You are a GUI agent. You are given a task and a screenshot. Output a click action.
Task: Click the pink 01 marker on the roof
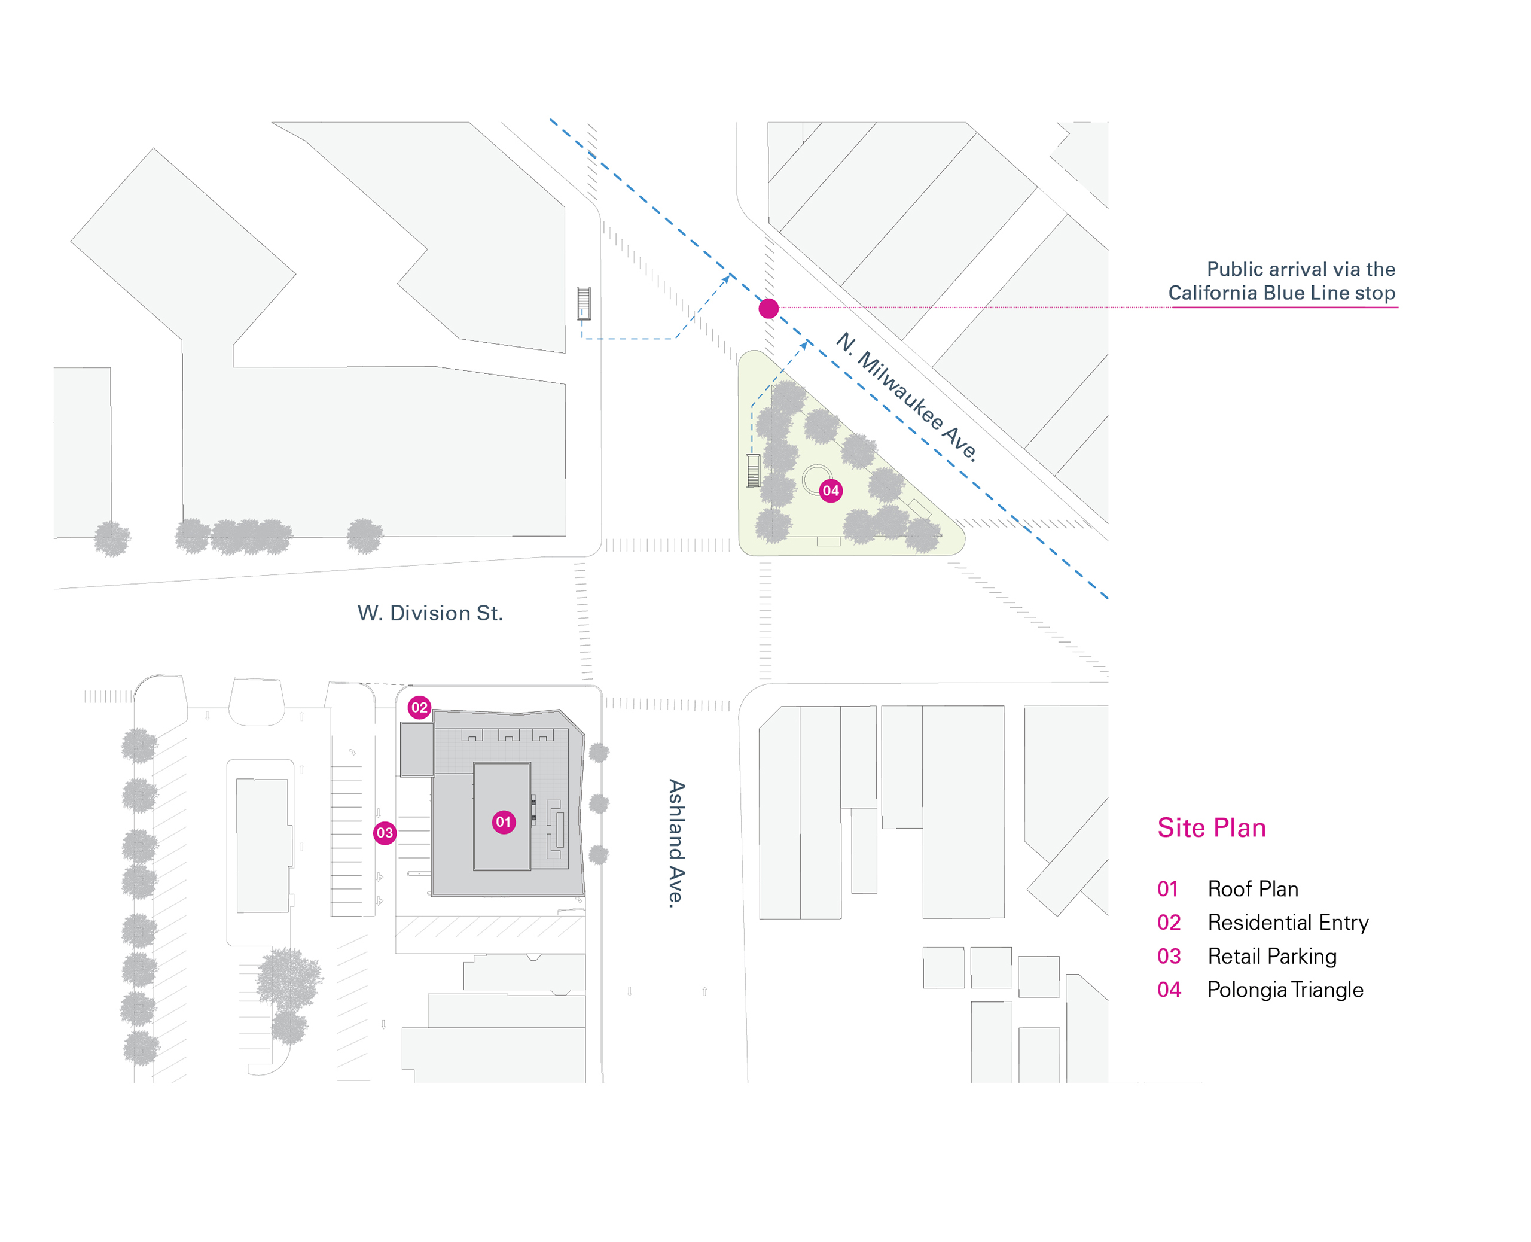[x=504, y=821]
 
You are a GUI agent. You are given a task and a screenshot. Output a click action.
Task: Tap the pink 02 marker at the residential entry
[x=419, y=707]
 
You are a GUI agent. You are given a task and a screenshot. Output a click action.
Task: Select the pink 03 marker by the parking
[x=385, y=832]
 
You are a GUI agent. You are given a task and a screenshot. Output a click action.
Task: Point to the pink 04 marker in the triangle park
[x=830, y=490]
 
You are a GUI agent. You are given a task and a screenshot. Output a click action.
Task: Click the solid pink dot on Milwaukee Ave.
[x=768, y=308]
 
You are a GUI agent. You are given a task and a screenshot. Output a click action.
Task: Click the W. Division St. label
[x=430, y=613]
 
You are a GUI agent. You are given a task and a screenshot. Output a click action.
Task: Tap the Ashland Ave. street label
[x=676, y=844]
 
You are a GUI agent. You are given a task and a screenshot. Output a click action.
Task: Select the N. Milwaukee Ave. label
[x=907, y=397]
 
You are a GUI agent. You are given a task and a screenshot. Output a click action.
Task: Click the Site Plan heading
[x=1212, y=828]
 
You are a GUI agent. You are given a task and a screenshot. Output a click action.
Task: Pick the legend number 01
[x=1168, y=888]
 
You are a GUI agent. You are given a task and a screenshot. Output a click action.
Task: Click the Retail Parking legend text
[x=1272, y=956]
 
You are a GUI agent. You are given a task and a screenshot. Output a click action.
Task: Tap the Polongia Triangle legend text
[x=1285, y=990]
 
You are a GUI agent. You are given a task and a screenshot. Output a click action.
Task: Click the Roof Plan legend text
[x=1253, y=888]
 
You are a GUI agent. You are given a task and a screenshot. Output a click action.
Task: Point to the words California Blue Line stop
[x=1282, y=293]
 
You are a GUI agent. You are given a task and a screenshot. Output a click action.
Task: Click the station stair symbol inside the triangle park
[x=753, y=470]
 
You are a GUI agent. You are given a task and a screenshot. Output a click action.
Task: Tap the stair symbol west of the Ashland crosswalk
[x=584, y=303]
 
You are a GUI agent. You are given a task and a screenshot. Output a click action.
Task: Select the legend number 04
[x=1169, y=990]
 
